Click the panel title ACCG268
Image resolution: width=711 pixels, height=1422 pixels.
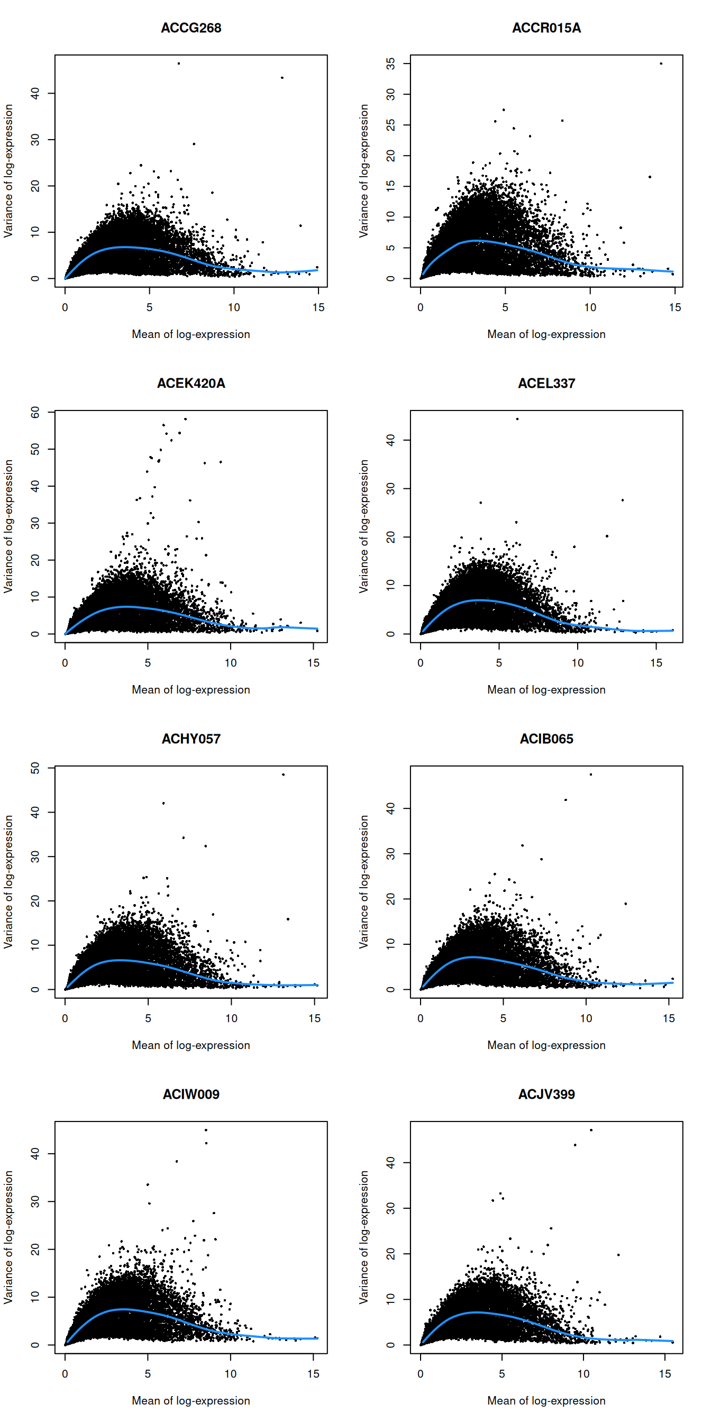(191, 28)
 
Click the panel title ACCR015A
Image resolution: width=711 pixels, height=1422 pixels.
(546, 28)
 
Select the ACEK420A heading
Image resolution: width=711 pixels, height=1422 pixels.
(191, 383)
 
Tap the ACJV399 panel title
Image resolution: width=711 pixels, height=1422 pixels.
(546, 1094)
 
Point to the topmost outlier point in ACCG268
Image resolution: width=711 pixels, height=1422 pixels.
(179, 63)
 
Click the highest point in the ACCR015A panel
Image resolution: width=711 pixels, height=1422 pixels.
(661, 63)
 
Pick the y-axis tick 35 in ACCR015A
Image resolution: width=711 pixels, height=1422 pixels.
(391, 63)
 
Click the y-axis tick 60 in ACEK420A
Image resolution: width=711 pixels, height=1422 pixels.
(35, 412)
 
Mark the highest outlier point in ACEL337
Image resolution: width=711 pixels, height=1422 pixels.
(517, 419)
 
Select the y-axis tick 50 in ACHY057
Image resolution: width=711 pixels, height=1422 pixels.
(35, 768)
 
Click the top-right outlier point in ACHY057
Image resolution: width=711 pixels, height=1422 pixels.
(283, 774)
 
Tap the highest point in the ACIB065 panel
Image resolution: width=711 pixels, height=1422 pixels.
(591, 774)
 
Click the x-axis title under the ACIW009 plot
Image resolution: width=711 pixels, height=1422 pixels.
(191, 1400)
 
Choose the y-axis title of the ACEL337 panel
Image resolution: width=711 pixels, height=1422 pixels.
(364, 526)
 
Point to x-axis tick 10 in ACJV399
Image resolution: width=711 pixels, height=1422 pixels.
(584, 1374)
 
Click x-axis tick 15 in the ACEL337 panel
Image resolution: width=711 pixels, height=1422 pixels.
(656, 663)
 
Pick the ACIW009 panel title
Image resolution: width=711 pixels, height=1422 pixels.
(191, 1094)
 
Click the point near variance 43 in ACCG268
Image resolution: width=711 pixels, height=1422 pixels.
(282, 78)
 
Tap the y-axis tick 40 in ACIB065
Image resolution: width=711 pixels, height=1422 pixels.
(391, 809)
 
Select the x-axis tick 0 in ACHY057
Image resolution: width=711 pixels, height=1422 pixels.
(65, 1018)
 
